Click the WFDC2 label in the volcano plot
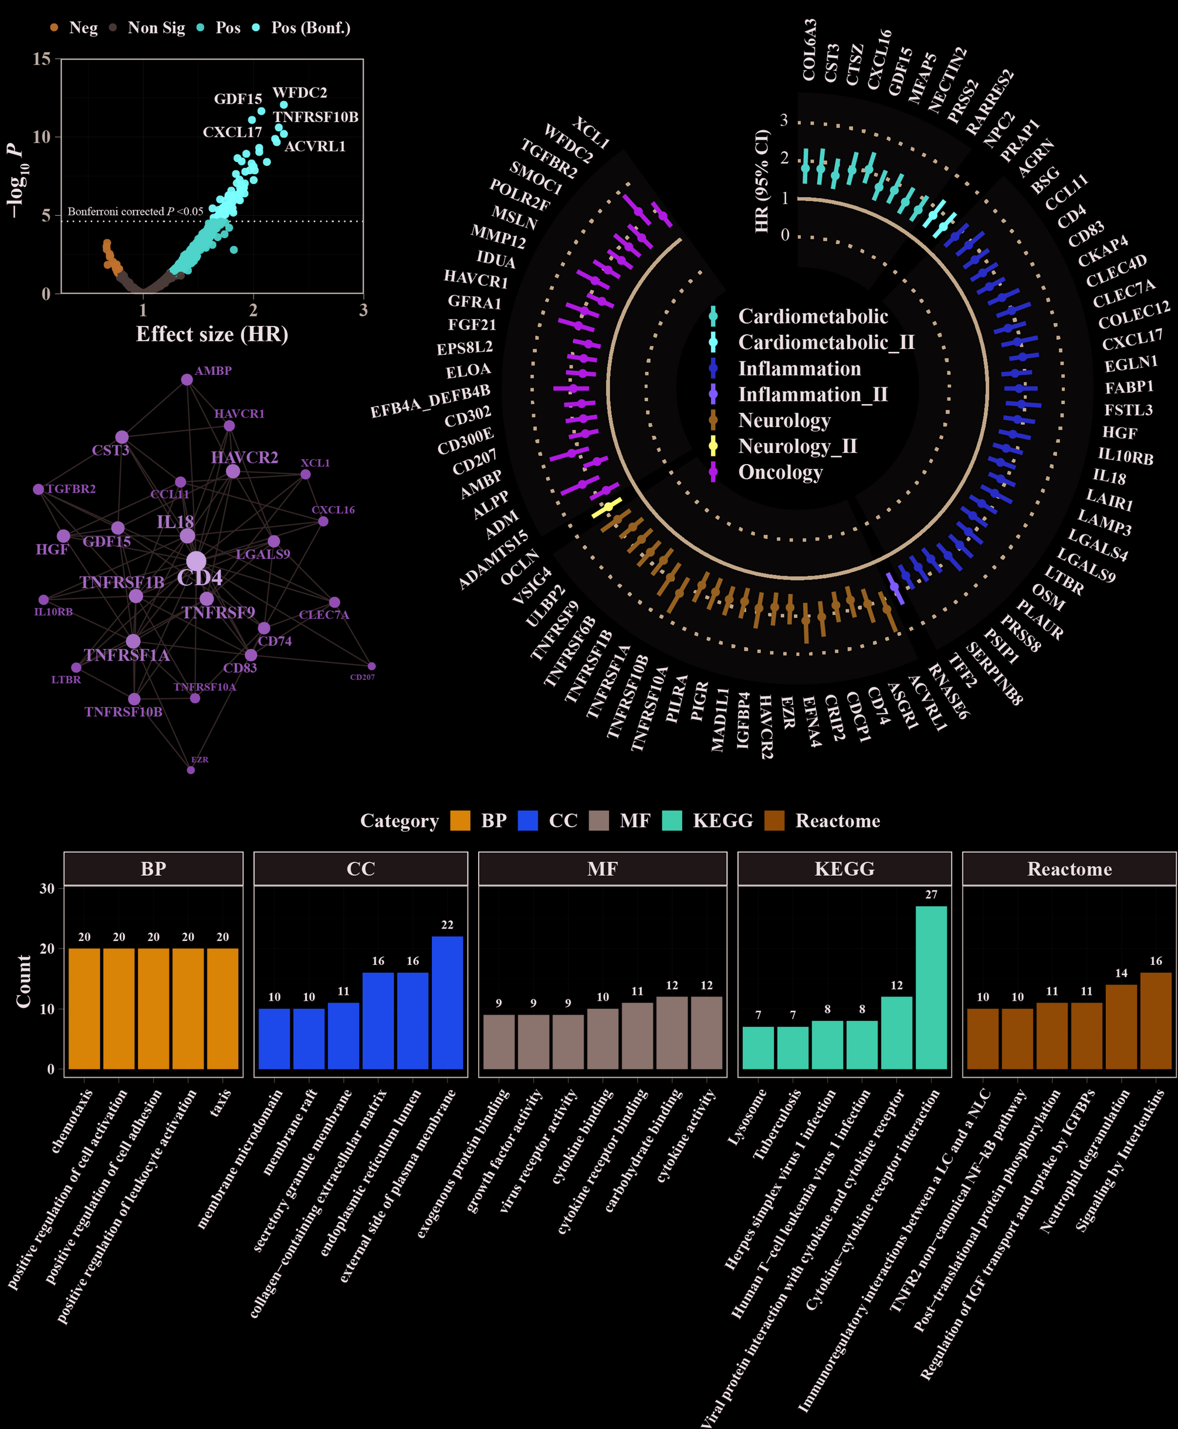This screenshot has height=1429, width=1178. click(299, 92)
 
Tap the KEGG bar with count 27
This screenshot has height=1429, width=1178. click(931, 987)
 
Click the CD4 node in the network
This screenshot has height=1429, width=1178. click(196, 561)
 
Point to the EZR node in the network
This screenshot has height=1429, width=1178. click(191, 770)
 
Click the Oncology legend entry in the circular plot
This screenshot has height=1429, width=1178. click(780, 472)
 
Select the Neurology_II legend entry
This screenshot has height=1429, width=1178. click(797, 446)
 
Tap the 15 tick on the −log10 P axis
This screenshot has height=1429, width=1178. click(42, 59)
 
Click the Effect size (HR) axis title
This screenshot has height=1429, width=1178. click(212, 334)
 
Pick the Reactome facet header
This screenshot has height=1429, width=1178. click(1069, 869)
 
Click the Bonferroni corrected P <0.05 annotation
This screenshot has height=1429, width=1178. click(135, 212)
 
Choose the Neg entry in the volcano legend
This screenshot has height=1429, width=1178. click(83, 28)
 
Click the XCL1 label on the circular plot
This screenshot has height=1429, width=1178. click(591, 133)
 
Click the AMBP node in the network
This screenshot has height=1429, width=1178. click(187, 380)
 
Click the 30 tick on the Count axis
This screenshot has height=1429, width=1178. click(47, 888)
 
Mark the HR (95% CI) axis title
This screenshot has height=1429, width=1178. click(762, 181)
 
